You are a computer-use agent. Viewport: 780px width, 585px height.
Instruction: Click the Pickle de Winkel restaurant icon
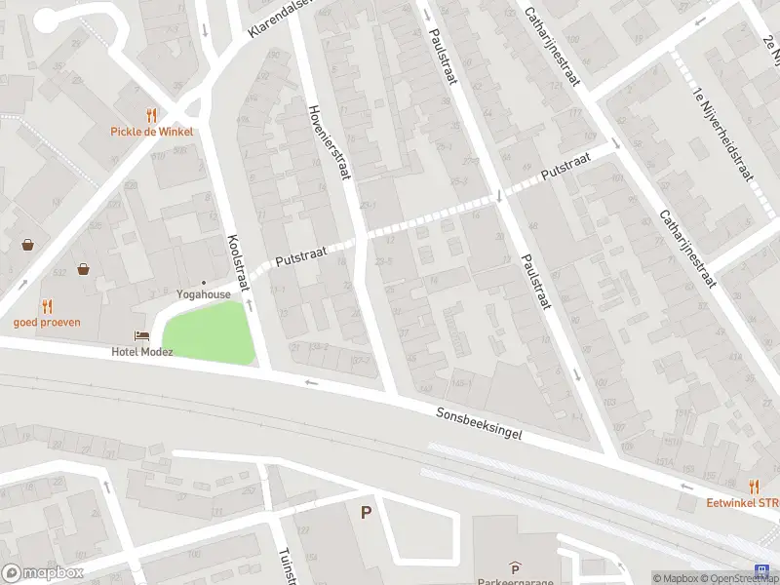click(x=151, y=115)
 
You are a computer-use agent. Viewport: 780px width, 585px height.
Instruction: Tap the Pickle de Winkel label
click(x=151, y=132)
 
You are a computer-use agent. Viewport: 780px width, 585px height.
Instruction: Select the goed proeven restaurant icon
click(x=47, y=306)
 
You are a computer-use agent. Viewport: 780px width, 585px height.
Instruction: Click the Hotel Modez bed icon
click(x=142, y=335)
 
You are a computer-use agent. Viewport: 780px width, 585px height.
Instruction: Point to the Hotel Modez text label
click(x=142, y=351)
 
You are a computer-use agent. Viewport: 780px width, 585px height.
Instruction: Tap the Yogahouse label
click(x=204, y=293)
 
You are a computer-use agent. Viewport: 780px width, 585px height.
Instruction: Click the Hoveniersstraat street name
click(x=329, y=143)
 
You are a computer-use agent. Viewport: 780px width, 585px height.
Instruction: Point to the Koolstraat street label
click(x=238, y=263)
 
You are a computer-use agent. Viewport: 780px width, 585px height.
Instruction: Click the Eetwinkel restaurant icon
click(x=754, y=486)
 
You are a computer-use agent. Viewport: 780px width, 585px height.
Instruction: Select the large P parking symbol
click(x=367, y=512)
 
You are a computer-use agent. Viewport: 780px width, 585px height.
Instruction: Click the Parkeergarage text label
click(x=514, y=581)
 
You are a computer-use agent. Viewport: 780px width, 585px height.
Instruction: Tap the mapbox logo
click(x=43, y=572)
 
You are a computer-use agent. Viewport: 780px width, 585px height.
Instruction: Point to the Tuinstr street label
click(x=287, y=564)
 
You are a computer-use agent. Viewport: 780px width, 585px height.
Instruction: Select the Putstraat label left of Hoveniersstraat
click(x=297, y=257)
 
